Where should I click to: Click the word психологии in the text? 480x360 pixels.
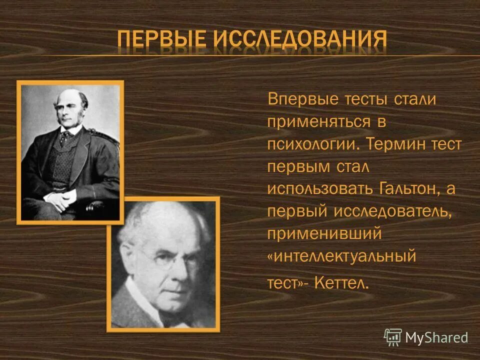[312, 144]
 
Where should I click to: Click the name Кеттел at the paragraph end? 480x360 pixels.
[343, 284]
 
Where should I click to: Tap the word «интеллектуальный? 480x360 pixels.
[342, 257]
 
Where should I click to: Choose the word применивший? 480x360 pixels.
[324, 233]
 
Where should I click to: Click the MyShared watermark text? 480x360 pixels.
[436, 338]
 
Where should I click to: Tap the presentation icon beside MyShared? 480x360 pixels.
[392, 337]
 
